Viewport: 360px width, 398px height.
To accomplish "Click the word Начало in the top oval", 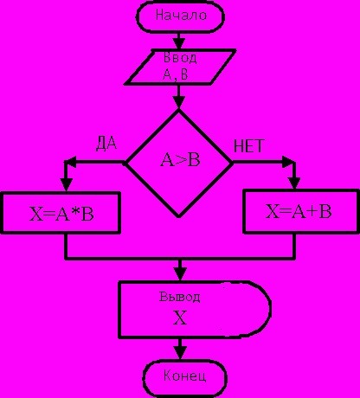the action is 181,15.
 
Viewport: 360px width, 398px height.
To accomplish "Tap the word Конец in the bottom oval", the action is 184,376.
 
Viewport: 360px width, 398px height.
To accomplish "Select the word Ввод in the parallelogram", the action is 180,58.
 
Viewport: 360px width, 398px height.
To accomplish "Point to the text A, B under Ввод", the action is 175,74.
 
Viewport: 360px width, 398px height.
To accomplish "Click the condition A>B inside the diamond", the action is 180,160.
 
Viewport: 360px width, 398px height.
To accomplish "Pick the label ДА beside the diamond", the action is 106,144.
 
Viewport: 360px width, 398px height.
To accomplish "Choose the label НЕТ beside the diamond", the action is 248,146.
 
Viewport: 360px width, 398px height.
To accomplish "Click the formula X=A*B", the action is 61,215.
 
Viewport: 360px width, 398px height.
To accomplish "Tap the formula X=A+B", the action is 299,211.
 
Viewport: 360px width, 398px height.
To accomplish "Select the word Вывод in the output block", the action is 180,297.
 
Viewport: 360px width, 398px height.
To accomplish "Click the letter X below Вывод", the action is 180,318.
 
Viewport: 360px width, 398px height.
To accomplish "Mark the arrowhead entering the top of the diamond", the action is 179,102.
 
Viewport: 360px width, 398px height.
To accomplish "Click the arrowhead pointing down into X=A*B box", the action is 67,184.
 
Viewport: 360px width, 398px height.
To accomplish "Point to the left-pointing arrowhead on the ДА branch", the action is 72,162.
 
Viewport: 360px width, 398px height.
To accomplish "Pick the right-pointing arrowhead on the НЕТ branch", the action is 288,162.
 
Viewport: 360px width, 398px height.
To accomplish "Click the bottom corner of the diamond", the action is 178,216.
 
